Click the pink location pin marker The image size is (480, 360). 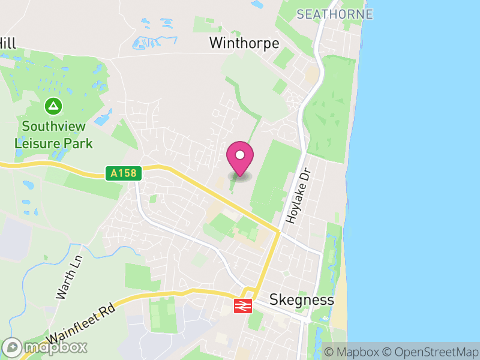[240, 159]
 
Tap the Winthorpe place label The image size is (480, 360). [244, 43]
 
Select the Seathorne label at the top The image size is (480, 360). [335, 14]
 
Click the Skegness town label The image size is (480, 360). [302, 299]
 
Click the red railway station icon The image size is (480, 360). [242, 305]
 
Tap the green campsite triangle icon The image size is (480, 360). [54, 107]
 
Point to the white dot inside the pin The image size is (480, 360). [240, 155]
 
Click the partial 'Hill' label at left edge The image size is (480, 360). [7, 43]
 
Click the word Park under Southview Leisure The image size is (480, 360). [80, 143]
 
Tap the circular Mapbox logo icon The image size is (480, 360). [12, 347]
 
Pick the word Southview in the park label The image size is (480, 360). [54, 127]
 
